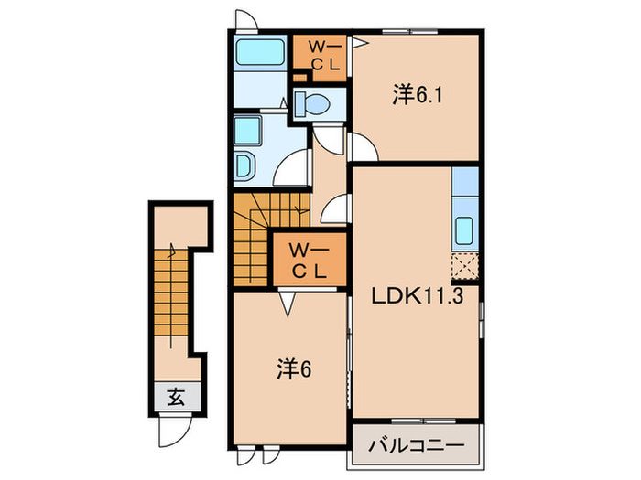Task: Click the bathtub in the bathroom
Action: (x=261, y=54)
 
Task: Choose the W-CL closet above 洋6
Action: (x=309, y=260)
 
